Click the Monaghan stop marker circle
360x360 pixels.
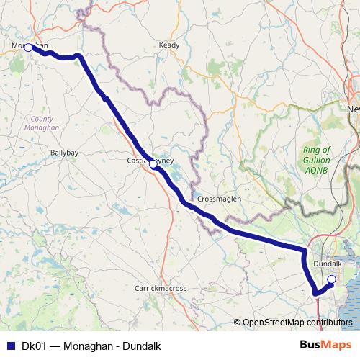[28, 48]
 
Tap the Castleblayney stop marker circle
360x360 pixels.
[153, 164]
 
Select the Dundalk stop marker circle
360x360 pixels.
[331, 279]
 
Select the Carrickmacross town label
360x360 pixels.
[161, 288]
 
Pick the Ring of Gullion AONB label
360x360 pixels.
[316, 159]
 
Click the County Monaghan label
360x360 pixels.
[45, 122]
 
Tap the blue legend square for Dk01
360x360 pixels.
[10, 346]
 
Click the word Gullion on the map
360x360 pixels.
[316, 159]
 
